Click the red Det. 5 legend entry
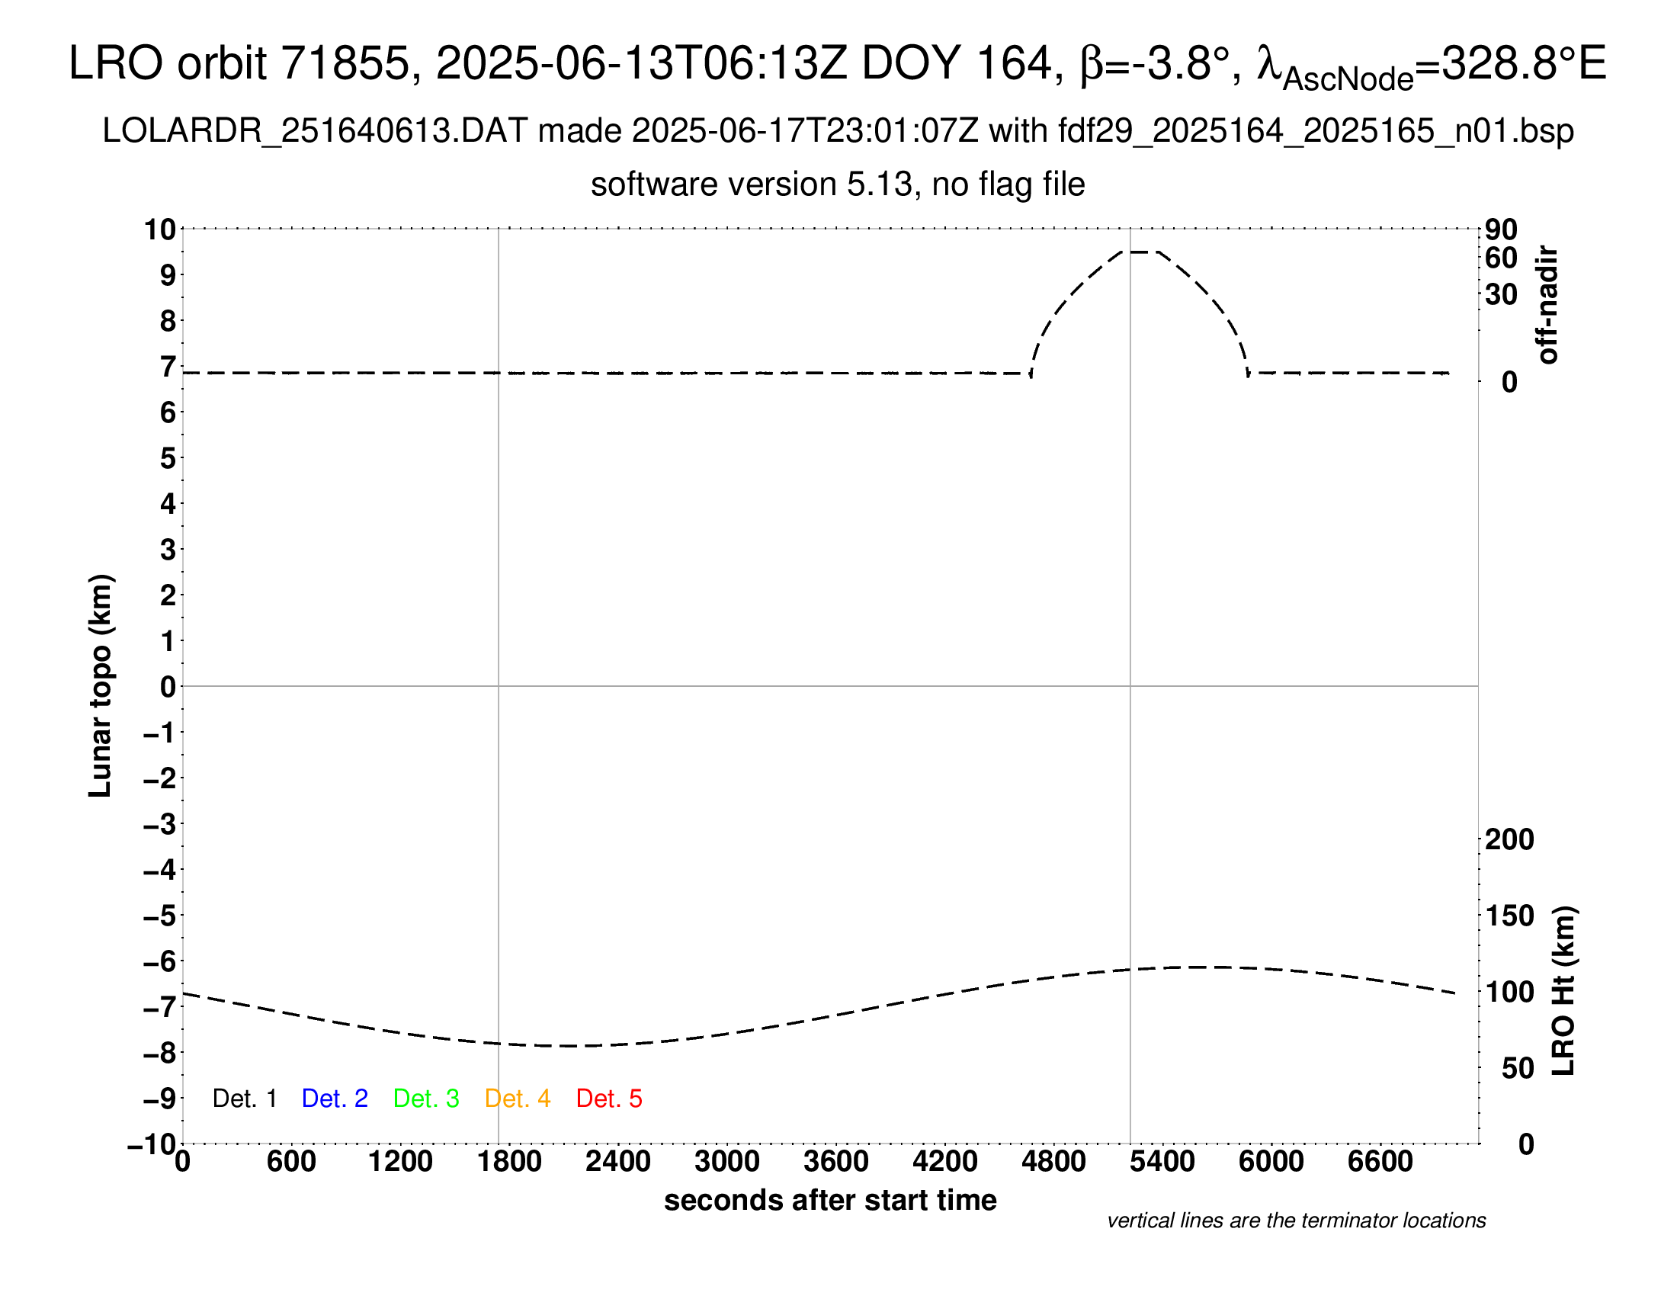(609, 1099)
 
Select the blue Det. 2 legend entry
(335, 1099)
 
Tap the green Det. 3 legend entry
(426, 1099)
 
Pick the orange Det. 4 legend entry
(518, 1099)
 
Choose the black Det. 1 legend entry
(244, 1099)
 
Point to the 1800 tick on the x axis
(509, 1161)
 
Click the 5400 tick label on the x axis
(1162, 1161)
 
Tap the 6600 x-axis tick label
(1380, 1161)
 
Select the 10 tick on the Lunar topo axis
(161, 229)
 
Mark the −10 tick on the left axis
(152, 1144)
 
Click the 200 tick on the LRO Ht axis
(1509, 839)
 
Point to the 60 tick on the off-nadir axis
(1501, 258)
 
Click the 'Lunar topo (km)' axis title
(101, 685)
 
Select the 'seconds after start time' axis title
(830, 1200)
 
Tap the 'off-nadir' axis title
(1547, 305)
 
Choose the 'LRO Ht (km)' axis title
(1563, 991)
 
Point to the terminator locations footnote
(1296, 1221)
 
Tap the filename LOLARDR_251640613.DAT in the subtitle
(315, 131)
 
